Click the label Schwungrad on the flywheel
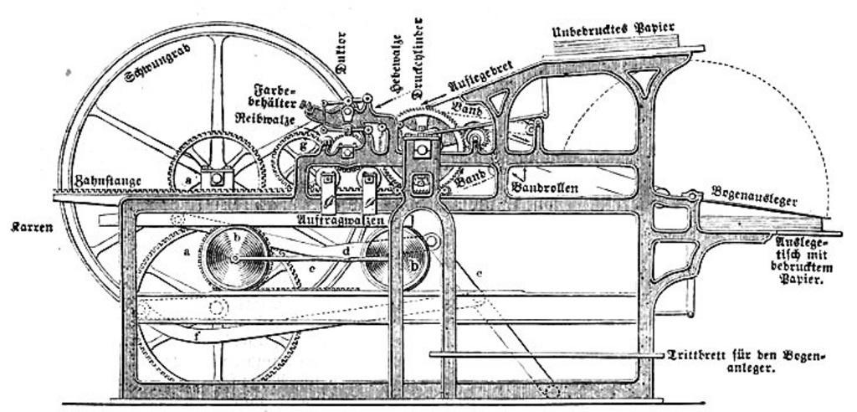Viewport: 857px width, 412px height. click(x=158, y=64)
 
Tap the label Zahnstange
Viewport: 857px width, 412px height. click(x=105, y=180)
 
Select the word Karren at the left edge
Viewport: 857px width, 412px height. click(x=32, y=226)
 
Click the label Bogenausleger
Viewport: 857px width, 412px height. click(x=754, y=196)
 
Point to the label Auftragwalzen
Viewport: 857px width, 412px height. click(x=341, y=219)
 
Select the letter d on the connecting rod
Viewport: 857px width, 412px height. click(x=346, y=251)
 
